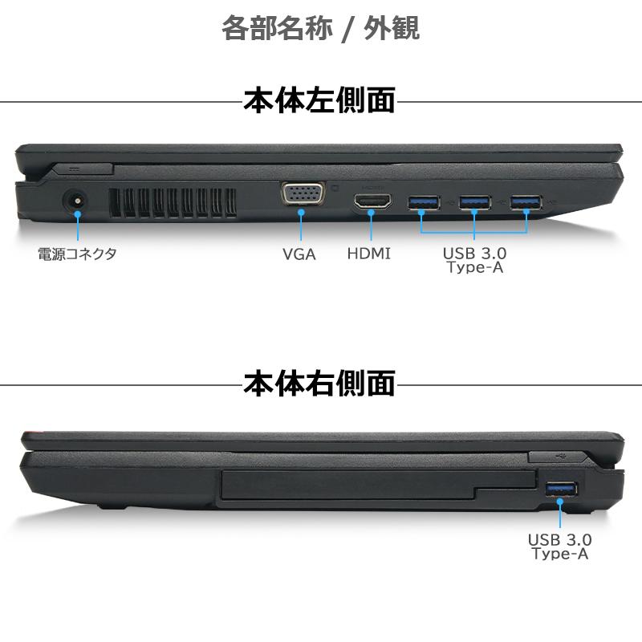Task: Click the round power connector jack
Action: click(76, 201)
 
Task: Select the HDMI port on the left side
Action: click(372, 201)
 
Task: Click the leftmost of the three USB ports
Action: click(424, 201)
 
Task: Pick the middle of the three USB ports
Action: click(475, 201)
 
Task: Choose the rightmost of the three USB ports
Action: click(526, 201)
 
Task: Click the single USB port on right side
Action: click(561, 489)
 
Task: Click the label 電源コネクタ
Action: click(77, 254)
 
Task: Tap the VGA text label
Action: click(299, 254)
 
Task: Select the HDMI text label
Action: click(369, 254)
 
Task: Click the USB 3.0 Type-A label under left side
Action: click(475, 261)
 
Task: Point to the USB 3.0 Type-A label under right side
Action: click(560, 547)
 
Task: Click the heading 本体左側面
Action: click(319, 101)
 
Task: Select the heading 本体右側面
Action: click(319, 384)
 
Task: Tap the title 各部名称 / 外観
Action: click(320, 28)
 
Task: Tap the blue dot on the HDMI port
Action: click(372, 214)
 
